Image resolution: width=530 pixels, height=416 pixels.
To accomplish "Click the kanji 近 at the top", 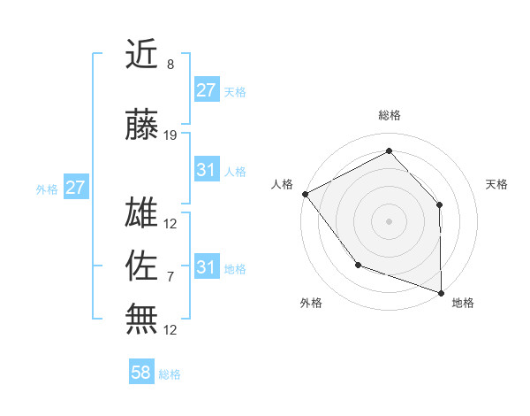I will click(143, 55).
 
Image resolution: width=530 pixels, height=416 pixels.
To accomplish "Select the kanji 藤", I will click(143, 126).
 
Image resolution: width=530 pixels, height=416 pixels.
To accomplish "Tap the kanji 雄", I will click(143, 215).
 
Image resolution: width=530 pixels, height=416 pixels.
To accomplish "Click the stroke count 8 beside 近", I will click(170, 65).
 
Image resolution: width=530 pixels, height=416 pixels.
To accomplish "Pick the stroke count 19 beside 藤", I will click(170, 135).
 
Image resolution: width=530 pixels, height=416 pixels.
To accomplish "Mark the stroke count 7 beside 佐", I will click(170, 277).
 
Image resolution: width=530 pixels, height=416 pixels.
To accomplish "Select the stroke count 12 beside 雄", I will click(170, 224).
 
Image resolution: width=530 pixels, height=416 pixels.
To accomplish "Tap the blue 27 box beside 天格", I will click(207, 90).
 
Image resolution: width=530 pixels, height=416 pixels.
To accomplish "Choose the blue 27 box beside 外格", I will click(75, 188).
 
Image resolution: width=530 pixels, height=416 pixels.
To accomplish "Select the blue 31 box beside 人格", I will click(207, 170).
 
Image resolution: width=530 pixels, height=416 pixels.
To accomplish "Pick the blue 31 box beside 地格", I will click(207, 267).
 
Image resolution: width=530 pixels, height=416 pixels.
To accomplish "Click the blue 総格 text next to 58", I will click(170, 374).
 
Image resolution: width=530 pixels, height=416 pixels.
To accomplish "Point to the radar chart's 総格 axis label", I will click(390, 115).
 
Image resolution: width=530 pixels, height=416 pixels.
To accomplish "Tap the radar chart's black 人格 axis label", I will click(283, 183).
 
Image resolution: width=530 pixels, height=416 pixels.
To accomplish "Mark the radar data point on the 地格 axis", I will click(441, 292).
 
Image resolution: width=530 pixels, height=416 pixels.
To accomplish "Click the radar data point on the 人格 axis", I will click(305, 193).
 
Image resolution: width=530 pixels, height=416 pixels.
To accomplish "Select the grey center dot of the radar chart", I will click(389, 220).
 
